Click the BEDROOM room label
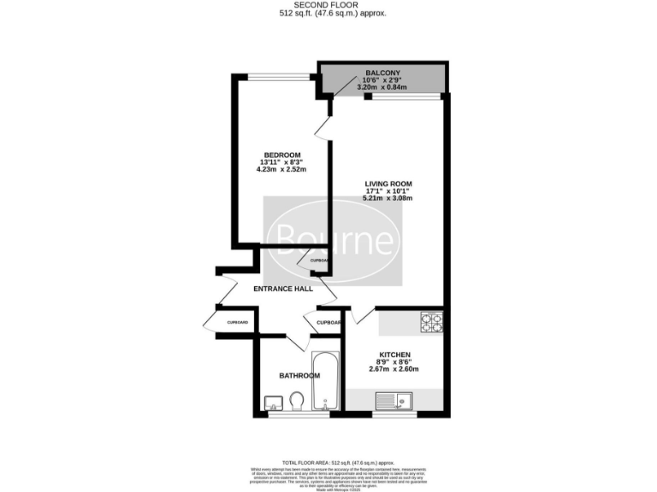click(x=281, y=154)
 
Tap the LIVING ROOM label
click(x=388, y=183)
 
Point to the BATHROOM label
click(x=299, y=376)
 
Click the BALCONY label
click(x=381, y=73)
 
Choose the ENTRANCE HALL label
click(x=283, y=290)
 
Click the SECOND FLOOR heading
click(x=328, y=5)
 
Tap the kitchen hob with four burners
click(x=430, y=322)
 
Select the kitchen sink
click(x=394, y=399)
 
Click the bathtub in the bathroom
click(x=326, y=381)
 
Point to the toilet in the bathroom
click(x=297, y=401)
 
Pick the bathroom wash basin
click(x=274, y=401)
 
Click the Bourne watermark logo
click(x=332, y=240)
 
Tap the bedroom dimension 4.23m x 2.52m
click(x=281, y=170)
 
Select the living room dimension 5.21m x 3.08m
click(x=388, y=199)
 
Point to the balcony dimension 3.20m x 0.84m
click(x=381, y=87)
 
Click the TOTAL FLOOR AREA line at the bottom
click(x=328, y=460)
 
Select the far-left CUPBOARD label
click(x=237, y=322)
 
